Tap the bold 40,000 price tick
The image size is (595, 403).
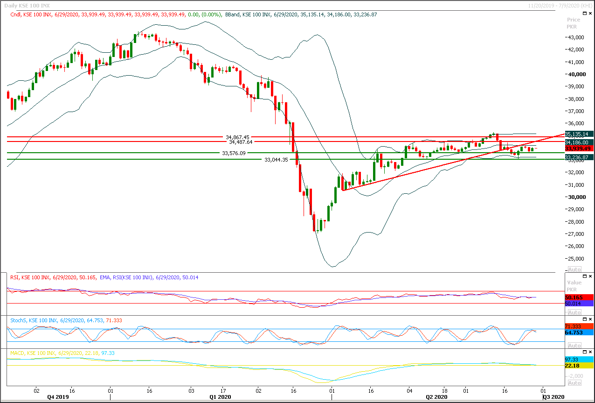(577, 74)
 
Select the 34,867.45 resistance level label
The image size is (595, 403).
(237, 137)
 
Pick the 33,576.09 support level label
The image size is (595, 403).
(234, 153)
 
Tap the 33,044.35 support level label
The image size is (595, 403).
(277, 160)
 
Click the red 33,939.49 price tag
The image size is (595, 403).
(579, 148)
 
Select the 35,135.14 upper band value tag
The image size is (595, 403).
(579, 134)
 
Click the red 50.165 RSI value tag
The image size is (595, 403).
(579, 297)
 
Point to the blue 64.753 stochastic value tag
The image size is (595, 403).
(579, 332)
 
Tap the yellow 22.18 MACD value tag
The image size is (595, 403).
(579, 365)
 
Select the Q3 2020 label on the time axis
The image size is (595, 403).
(554, 397)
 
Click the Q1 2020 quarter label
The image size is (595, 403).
(220, 397)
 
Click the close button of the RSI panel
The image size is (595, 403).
(591, 277)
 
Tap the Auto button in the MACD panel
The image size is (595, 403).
(574, 383)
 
